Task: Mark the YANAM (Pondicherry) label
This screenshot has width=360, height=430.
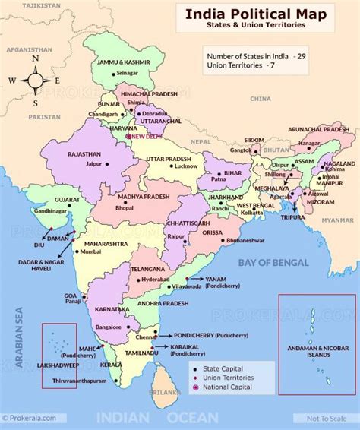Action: pyautogui.click(x=217, y=279)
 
